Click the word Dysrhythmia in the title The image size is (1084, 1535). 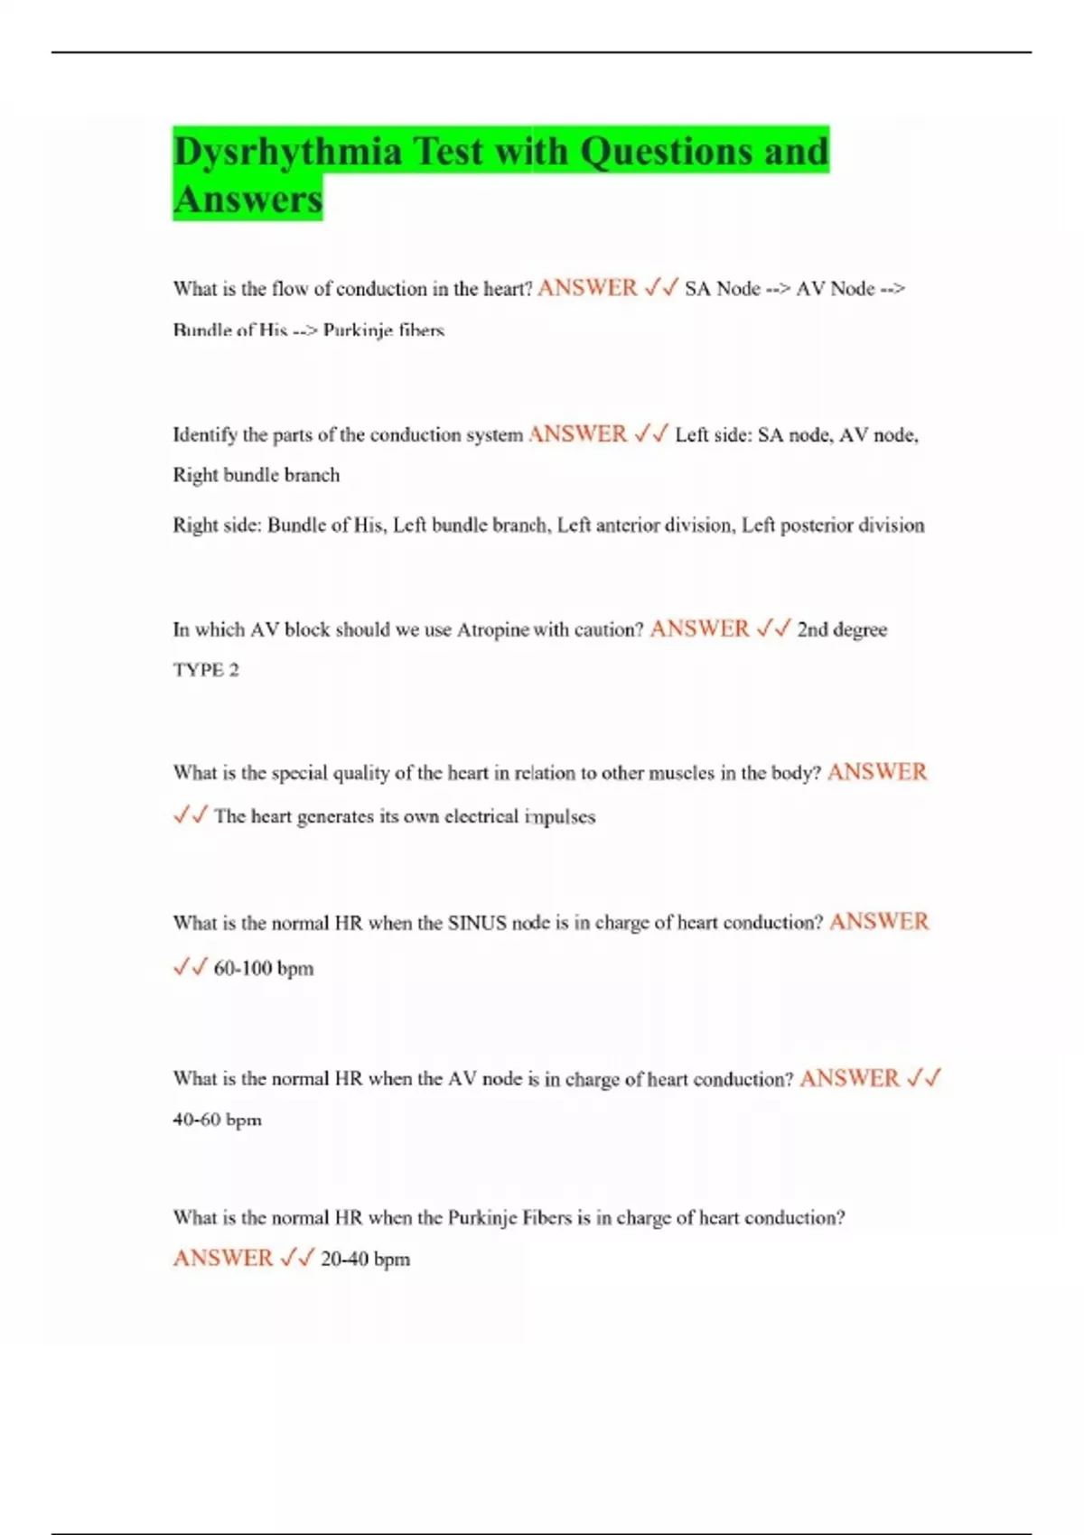click(287, 152)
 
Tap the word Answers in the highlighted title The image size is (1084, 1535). click(248, 200)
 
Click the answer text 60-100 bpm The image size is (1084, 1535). click(263, 968)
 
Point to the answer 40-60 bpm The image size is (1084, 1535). click(217, 1120)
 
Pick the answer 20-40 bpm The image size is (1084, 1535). click(365, 1259)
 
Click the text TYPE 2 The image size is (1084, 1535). click(206, 670)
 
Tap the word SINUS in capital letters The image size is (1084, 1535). click(477, 923)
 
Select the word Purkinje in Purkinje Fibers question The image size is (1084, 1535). click(482, 1217)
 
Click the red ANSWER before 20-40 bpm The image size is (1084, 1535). click(222, 1258)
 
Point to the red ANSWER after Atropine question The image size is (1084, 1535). click(699, 628)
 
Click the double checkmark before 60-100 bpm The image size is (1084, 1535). click(191, 967)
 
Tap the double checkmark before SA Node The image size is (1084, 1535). click(661, 288)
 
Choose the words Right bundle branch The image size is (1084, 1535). click(257, 475)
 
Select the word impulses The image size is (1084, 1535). click(560, 816)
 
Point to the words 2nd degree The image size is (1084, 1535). click(842, 629)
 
